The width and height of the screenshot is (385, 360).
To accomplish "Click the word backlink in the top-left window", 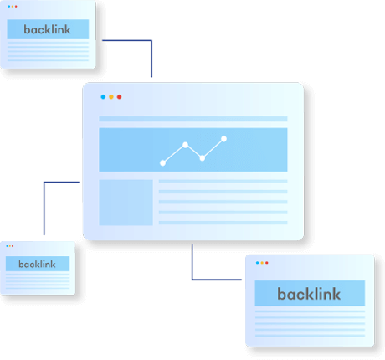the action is [x=47, y=29].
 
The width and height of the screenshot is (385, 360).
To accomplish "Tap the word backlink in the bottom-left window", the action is [x=37, y=264].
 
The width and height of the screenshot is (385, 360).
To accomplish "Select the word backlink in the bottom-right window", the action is [x=309, y=294].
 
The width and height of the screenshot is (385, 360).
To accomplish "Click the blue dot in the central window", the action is [x=103, y=97].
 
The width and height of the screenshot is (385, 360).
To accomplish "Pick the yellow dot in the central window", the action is [x=111, y=97].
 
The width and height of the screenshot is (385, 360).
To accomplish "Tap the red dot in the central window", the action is [x=119, y=97].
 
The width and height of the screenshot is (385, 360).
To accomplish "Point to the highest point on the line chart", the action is [x=223, y=139].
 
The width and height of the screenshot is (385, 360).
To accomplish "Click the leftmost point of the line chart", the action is [x=162, y=163].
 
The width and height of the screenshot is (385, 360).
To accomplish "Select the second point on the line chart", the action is [x=185, y=145].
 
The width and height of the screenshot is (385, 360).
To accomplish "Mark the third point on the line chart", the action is [x=203, y=158].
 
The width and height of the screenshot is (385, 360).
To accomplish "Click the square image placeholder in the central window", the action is [x=126, y=203].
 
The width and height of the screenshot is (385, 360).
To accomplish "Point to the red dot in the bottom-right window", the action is [x=267, y=263].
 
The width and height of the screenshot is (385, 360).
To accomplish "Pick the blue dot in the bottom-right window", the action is [x=257, y=263].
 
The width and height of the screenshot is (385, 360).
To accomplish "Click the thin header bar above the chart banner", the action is [x=193, y=119].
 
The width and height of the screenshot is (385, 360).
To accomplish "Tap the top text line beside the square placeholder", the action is [x=223, y=182].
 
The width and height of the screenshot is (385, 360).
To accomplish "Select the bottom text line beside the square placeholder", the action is [x=223, y=223].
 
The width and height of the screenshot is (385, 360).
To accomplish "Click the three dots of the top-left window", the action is [x=13, y=6].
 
